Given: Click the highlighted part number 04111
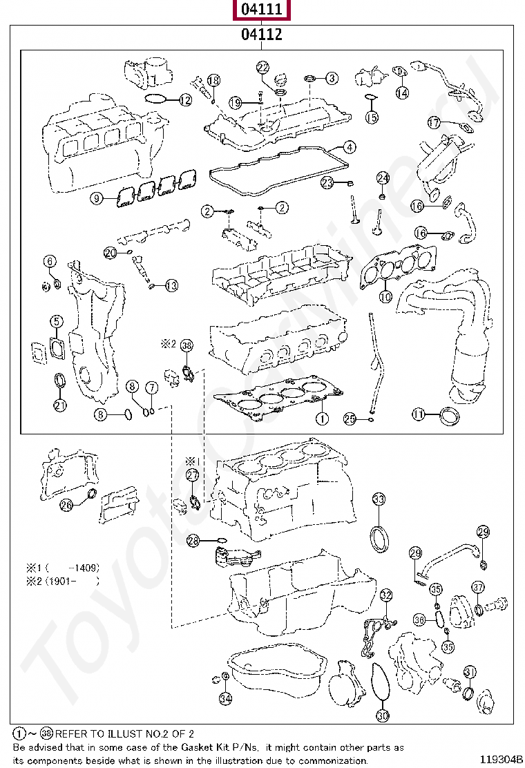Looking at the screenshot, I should point(261,10).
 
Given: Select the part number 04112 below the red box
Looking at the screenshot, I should point(261,35).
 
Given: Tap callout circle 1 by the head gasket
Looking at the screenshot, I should point(321,419).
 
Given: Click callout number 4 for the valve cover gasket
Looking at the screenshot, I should point(350,147).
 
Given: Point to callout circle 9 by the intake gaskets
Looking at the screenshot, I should point(98,199).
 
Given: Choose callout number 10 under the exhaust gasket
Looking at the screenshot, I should point(385,296).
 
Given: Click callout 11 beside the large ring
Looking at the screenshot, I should point(419,414).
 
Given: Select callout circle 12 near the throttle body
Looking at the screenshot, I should point(184,100).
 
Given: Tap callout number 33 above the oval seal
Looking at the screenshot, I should point(379,499).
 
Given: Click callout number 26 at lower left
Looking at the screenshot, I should point(66,505).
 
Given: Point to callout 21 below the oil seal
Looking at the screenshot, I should point(60,405).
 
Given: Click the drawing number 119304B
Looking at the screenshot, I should point(502,760).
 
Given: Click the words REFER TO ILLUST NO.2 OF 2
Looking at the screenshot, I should point(124,733).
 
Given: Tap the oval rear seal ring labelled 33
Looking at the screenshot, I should point(379,539).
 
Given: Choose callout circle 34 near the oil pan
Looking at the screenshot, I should point(225,698).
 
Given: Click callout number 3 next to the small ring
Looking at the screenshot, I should point(332,78).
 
